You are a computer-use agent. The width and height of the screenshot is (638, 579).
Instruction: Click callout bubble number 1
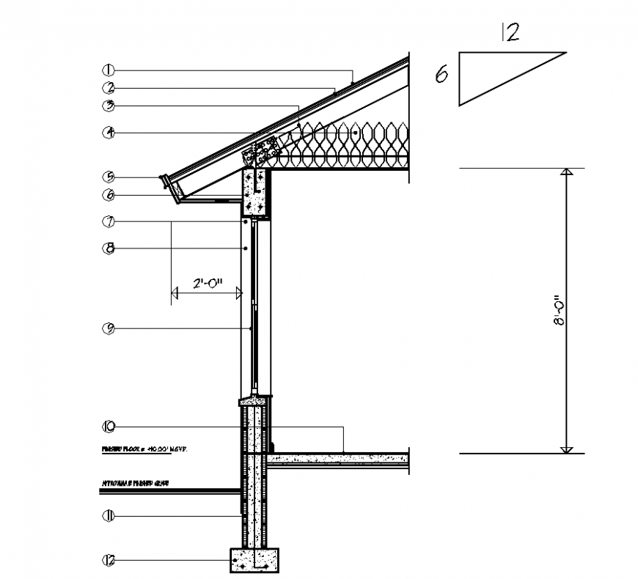tap(108, 70)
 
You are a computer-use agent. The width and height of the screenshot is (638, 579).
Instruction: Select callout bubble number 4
tap(108, 133)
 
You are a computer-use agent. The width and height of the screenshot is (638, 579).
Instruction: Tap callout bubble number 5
tap(108, 177)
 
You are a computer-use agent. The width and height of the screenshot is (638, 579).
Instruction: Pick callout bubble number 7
tap(108, 221)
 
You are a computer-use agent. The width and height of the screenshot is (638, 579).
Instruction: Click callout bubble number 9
tap(108, 328)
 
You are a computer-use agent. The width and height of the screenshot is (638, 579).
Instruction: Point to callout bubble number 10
tap(108, 426)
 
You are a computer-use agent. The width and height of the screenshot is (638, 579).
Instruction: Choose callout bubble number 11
tap(108, 517)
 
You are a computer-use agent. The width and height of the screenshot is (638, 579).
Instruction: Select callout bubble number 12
tap(108, 561)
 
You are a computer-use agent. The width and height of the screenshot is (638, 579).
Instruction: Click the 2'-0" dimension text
tap(206, 284)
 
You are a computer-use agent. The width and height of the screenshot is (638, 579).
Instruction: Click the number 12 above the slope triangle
tap(510, 32)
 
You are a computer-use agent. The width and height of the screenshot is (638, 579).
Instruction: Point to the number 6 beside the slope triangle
tap(441, 75)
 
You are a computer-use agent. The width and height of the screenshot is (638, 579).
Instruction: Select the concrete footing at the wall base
tap(254, 561)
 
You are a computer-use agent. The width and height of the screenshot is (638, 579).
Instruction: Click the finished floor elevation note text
tap(144, 448)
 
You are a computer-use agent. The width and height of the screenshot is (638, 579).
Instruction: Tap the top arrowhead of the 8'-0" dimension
tap(565, 172)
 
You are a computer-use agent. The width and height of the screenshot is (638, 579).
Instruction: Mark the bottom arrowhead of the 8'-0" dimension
tap(565, 449)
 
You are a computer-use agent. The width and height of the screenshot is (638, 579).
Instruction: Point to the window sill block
tap(254, 401)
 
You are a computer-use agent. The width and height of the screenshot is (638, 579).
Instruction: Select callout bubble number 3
tap(108, 106)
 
